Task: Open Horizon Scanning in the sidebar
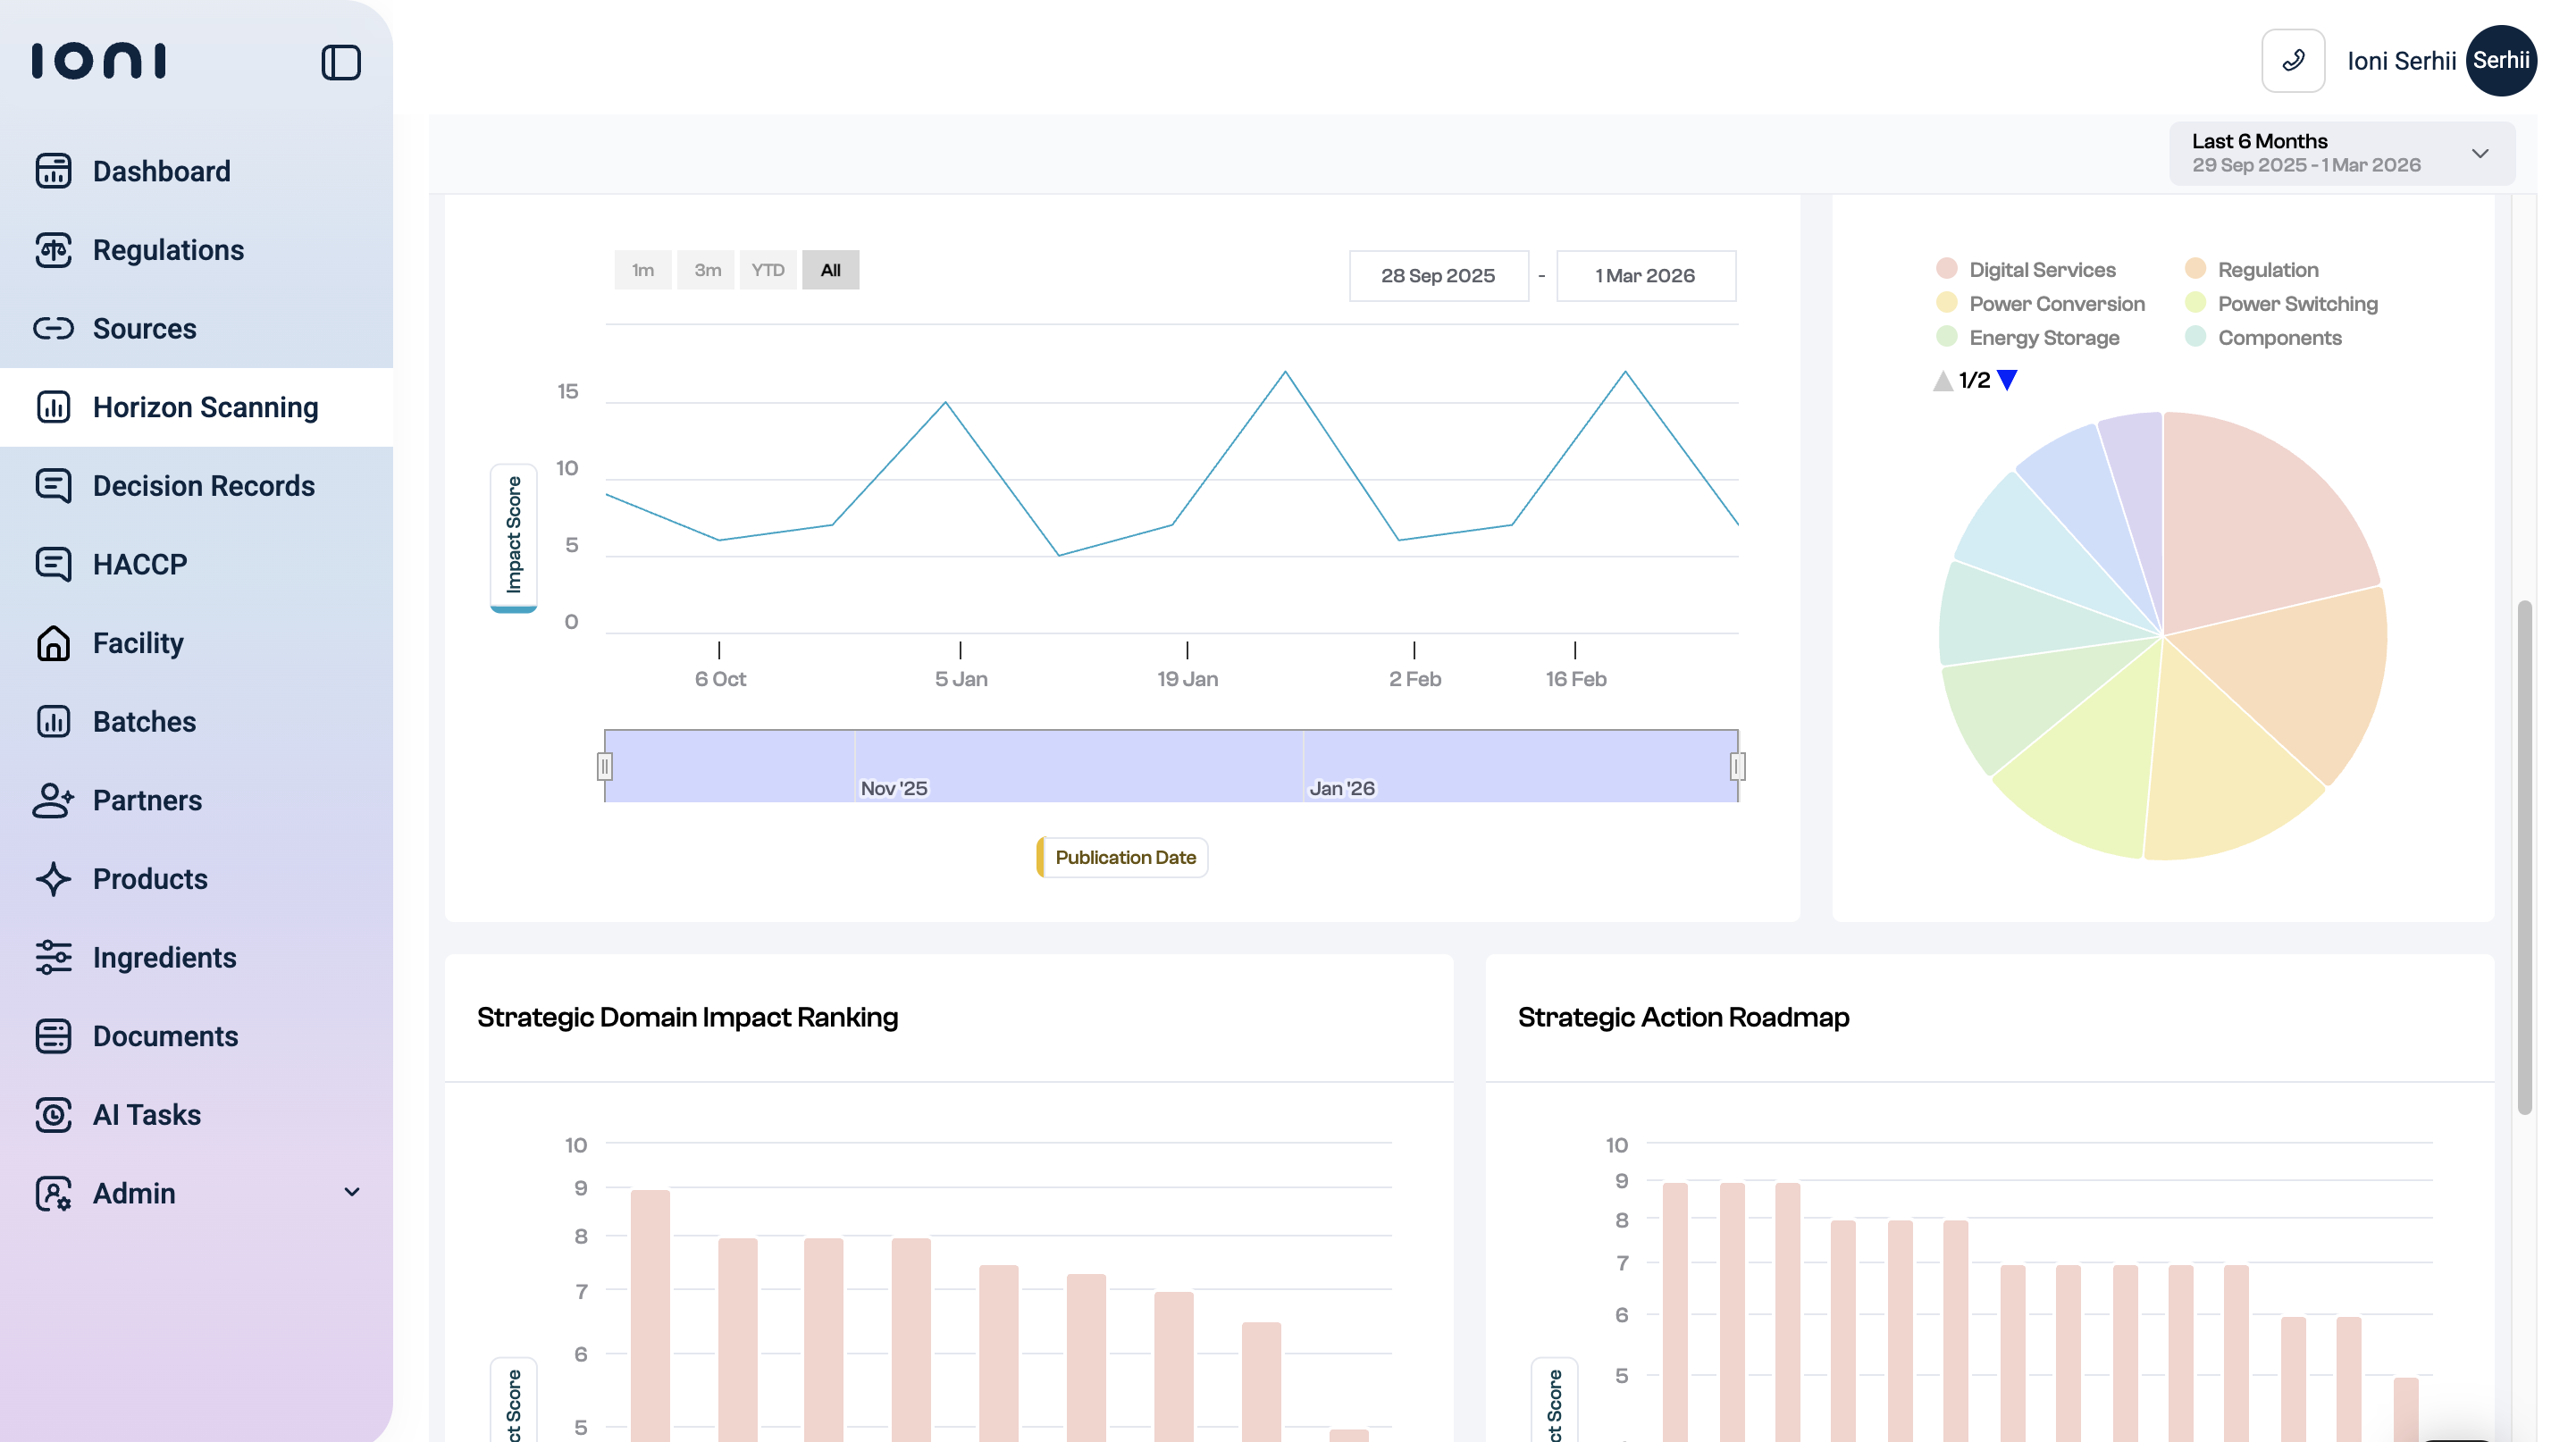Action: point(206,407)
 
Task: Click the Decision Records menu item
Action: point(204,485)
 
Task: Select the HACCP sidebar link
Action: point(139,564)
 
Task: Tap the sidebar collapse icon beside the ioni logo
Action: point(341,62)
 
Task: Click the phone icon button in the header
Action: point(2293,61)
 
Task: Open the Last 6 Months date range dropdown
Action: point(2341,154)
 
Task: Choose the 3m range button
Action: point(707,270)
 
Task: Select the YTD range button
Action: point(768,270)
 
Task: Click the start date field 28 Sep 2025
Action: point(1438,276)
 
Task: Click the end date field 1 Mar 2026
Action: point(1645,276)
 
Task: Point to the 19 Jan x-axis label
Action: point(1187,679)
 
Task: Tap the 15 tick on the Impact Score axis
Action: point(567,391)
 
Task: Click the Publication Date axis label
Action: point(1123,857)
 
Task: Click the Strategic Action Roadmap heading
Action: point(1683,1018)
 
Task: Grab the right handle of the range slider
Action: point(1738,767)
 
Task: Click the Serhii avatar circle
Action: point(2500,61)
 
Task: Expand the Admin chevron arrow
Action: point(352,1192)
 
